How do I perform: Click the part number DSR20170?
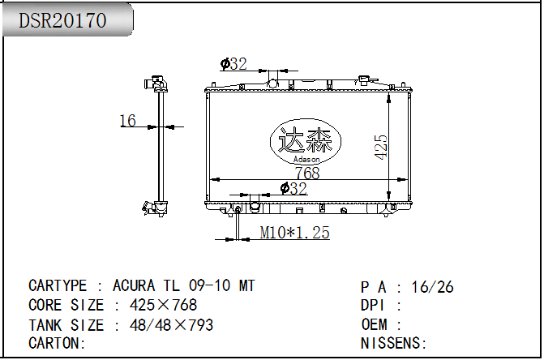pos(62,20)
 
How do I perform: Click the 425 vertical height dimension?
pos(380,147)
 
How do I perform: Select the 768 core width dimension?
pos(307,173)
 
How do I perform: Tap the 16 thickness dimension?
pos(127,121)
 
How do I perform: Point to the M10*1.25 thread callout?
pos(294,233)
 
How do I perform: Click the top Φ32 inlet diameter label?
pos(233,64)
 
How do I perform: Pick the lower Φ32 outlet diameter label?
pos(293,188)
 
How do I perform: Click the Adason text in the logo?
pos(306,160)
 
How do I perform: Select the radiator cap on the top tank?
pos(363,80)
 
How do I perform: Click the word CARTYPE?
pos(58,285)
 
